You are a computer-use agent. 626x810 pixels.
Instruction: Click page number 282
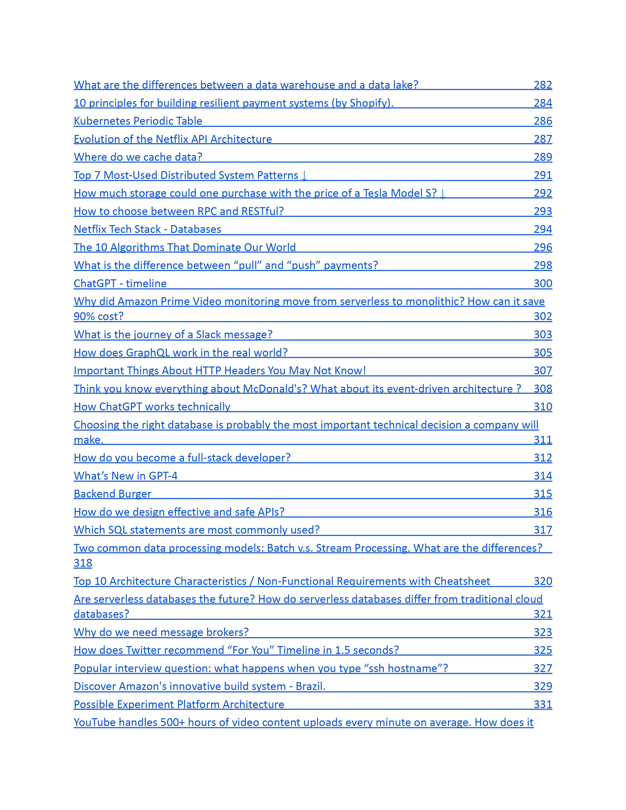[x=543, y=85]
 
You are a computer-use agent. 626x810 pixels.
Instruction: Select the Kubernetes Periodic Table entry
[x=138, y=121]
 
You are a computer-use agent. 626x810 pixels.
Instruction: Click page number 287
[x=543, y=139]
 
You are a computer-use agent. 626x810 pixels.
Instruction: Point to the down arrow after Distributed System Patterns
[x=304, y=176]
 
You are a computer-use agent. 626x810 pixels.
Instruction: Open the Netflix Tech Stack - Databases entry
[x=147, y=229]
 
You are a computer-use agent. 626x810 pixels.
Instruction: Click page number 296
[x=543, y=247]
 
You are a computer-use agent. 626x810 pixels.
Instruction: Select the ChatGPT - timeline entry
[x=120, y=283]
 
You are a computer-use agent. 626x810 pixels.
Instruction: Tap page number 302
[x=543, y=316]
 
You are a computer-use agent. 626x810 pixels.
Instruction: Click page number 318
[x=83, y=563]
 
